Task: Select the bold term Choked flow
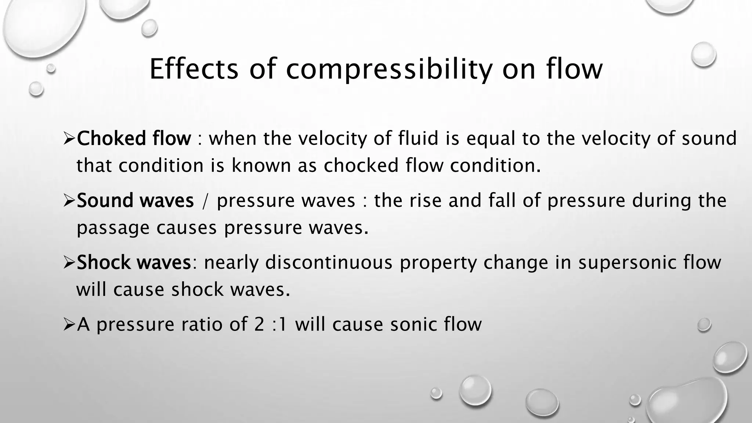pyautogui.click(x=134, y=139)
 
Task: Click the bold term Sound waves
pyautogui.click(x=135, y=201)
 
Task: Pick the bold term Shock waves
pyautogui.click(x=134, y=263)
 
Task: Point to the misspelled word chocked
pyautogui.click(x=361, y=165)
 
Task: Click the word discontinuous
pyautogui.click(x=329, y=263)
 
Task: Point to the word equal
pyautogui.click(x=488, y=139)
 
